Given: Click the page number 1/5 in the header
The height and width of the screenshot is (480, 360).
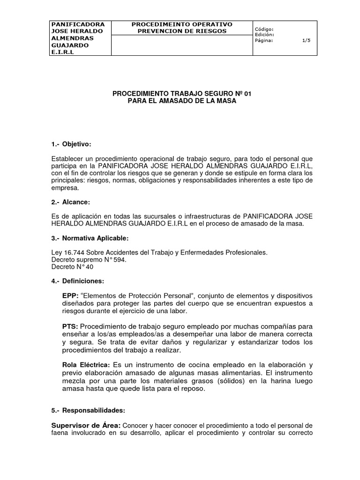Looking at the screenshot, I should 306,41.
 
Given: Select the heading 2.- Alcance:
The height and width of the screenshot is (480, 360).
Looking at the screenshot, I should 70,202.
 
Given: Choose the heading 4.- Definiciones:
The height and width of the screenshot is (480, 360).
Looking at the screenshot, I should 77,281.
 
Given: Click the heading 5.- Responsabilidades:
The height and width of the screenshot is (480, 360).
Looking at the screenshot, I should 88,410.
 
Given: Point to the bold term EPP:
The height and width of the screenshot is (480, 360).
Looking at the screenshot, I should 70,296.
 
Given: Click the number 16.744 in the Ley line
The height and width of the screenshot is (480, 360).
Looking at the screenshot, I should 73,253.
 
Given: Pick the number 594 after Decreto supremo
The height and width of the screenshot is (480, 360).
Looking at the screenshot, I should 120,260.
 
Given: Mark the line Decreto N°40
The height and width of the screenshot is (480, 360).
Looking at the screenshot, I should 72,267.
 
